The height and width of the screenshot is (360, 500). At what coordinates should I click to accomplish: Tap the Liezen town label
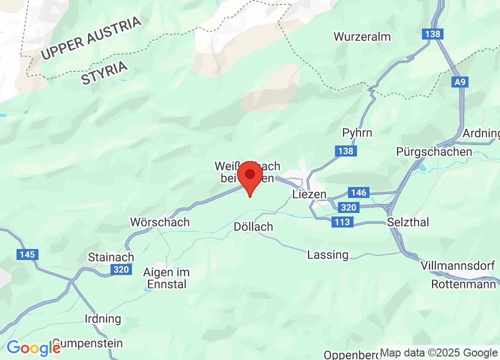point(309,194)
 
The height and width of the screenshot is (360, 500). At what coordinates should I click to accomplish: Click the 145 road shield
point(27,254)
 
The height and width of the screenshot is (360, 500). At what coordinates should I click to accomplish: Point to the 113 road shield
point(342,222)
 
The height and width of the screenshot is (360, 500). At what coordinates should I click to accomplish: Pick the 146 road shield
point(358,192)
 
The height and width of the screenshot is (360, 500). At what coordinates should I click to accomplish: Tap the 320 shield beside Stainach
point(121,270)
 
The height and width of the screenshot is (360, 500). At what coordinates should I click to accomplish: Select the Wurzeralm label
point(362,36)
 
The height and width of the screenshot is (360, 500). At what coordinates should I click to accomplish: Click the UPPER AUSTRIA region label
point(91,38)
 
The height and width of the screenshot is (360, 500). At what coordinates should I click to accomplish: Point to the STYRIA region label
point(104,73)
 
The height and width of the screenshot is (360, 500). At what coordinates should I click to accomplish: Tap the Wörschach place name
point(160,222)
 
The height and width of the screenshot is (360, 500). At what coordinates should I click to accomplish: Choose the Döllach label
point(253,227)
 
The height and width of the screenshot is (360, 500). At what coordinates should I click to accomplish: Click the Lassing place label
point(327,254)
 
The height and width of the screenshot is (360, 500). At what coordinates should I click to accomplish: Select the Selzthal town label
point(408,222)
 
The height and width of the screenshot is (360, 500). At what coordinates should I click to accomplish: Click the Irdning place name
point(103,318)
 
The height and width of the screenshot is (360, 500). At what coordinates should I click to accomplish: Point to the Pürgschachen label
point(433,151)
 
